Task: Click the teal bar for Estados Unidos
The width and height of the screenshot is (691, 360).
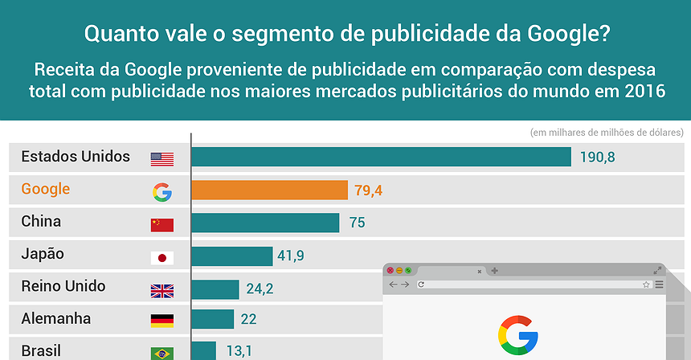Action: coord(381,157)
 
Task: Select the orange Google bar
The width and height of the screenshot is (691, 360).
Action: coord(269,190)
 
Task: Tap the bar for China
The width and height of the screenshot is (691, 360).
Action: coord(265,223)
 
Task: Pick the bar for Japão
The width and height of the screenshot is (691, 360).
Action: coord(231,256)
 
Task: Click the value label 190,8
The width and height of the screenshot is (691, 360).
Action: coord(597,157)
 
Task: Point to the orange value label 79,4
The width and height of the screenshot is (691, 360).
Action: coord(367,190)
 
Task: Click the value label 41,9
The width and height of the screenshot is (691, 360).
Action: coord(291,256)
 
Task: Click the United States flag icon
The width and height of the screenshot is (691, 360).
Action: coord(162,159)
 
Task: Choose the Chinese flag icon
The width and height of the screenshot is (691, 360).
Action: coord(162,224)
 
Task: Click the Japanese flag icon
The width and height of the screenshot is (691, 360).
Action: coord(162,257)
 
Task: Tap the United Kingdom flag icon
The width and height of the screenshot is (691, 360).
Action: coord(162,290)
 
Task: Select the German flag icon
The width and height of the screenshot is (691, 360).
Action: coord(162,321)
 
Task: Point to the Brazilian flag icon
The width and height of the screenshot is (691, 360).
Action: coord(162,353)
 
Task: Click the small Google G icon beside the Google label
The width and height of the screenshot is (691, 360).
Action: coord(162,191)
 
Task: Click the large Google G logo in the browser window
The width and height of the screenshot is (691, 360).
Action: coord(518,335)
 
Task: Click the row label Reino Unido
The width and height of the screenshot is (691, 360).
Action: coord(63,286)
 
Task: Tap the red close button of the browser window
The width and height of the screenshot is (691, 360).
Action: coord(390,271)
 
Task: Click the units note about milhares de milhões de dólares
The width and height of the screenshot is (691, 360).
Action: coord(607,133)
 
